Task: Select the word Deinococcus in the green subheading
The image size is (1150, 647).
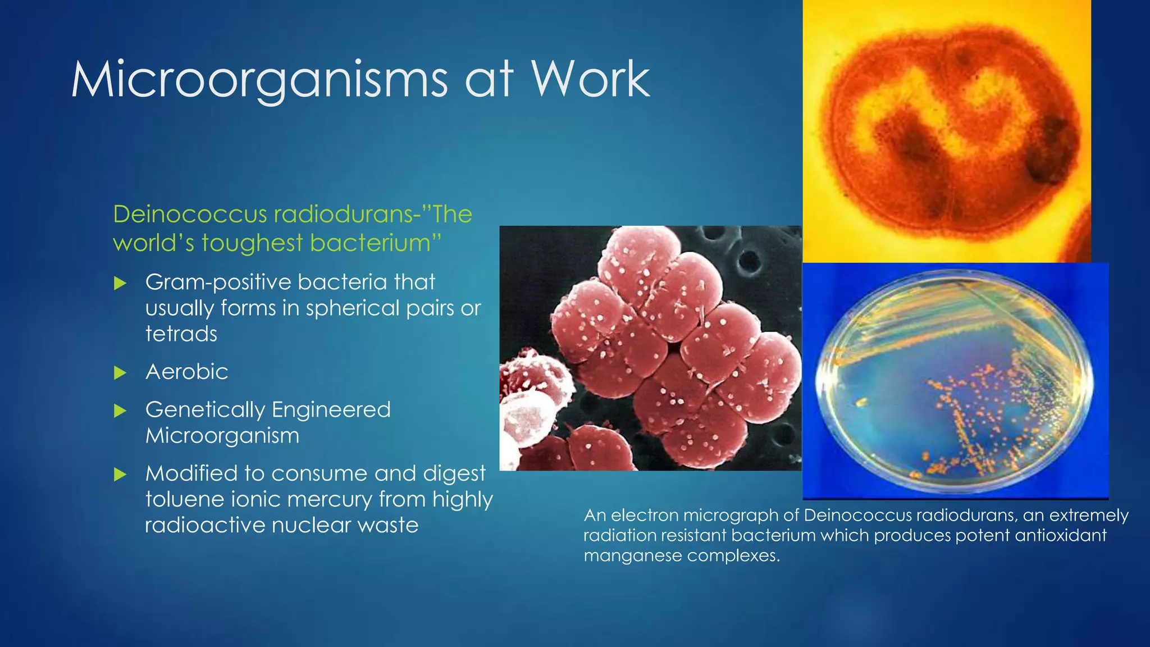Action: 190,215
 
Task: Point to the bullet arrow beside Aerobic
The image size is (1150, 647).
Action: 120,373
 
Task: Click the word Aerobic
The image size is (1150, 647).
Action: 186,372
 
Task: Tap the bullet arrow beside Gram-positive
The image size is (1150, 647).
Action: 120,283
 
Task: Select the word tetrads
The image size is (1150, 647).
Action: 181,334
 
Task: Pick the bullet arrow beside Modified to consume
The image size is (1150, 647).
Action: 120,475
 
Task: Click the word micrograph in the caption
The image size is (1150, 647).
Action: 733,516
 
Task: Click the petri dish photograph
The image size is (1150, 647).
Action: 955,382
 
